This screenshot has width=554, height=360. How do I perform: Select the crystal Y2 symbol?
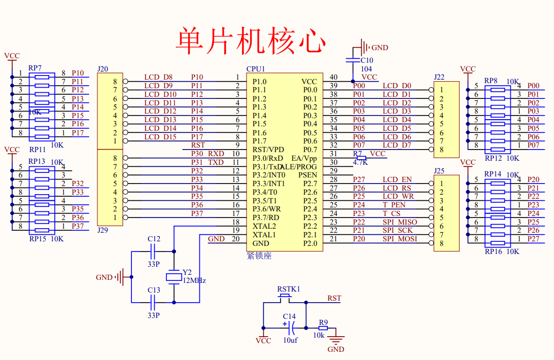[x=174, y=277]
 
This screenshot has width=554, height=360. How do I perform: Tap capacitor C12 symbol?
[x=153, y=251]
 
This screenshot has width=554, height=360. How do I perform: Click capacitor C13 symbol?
[x=153, y=302]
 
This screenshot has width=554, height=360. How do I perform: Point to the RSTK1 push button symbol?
[x=285, y=298]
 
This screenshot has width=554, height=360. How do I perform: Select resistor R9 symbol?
[x=323, y=328]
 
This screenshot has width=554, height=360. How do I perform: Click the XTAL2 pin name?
[x=264, y=226]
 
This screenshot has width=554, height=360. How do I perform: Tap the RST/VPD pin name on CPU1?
[x=268, y=150]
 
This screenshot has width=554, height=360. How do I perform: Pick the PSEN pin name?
[x=308, y=175]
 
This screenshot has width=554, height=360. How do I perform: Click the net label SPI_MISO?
[x=400, y=222]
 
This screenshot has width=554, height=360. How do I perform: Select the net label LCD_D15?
[x=160, y=137]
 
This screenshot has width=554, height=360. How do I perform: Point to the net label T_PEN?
[x=394, y=205]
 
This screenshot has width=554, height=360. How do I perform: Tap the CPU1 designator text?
[x=256, y=68]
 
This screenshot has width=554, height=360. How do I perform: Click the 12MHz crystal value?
[x=194, y=280]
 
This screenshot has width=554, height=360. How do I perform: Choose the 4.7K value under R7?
[x=360, y=162]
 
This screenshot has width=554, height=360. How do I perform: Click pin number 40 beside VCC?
[x=333, y=77]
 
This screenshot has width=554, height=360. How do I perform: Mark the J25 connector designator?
[x=439, y=171]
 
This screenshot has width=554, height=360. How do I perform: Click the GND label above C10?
[x=380, y=48]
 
